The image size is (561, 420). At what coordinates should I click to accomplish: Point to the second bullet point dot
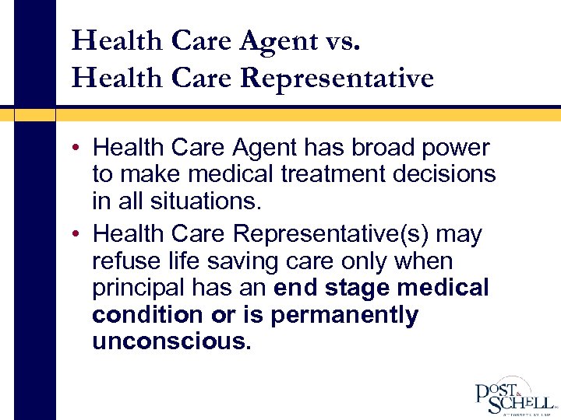point(81,234)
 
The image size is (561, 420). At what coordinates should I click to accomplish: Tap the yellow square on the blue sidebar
point(34,114)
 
